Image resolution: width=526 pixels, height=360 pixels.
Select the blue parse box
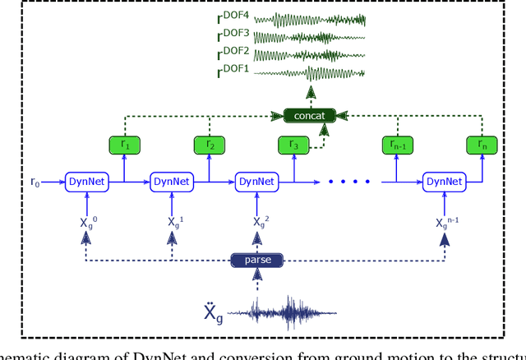point(257,261)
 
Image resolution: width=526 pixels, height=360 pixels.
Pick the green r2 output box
point(210,145)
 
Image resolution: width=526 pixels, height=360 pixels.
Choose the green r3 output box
point(293,145)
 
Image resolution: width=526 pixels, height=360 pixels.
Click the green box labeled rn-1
point(398,145)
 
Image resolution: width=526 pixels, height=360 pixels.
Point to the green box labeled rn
point(482,145)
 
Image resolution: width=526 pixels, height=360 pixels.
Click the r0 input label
point(35,182)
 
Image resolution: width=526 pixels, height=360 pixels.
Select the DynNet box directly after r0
point(87,182)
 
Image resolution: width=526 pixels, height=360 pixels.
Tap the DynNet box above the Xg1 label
point(172,182)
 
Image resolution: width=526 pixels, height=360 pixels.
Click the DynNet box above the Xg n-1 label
point(444,182)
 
